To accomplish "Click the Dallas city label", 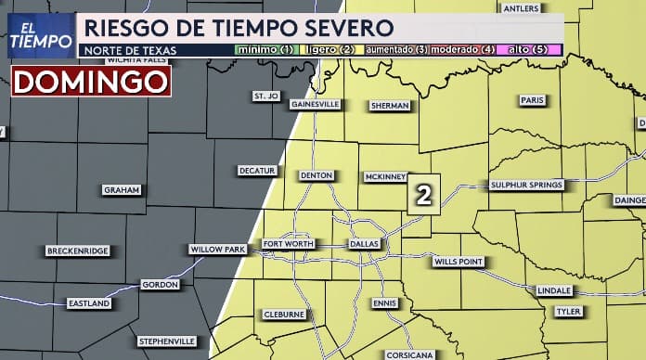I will coord(363,244).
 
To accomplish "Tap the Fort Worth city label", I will coord(288,244).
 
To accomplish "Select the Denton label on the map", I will coord(317,175).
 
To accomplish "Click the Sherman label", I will coord(390,106).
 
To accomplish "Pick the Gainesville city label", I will coord(316,104).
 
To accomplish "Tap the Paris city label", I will coord(532,100).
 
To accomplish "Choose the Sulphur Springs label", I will coord(526,185).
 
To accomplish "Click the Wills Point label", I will coord(459,263).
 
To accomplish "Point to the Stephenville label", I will coord(167,341).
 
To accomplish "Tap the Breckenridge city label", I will coord(77,251).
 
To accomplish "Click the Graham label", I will coord(122,189).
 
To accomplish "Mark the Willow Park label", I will coord(217,250).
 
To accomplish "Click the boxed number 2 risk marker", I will coord(423,195).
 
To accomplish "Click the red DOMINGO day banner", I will coord(90,82).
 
